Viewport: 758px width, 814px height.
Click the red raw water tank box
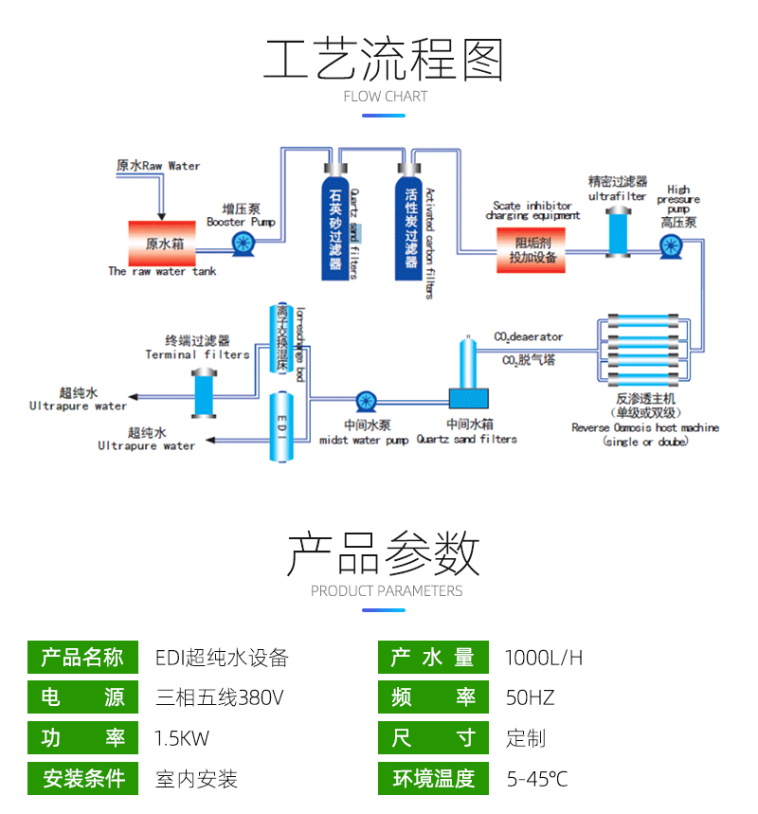[162, 244]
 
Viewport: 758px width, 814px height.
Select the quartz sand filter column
[334, 226]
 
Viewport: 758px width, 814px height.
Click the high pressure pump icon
[672, 247]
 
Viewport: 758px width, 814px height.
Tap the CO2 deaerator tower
[465, 365]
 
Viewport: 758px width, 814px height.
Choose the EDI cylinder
[281, 427]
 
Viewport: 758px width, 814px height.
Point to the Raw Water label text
[158, 166]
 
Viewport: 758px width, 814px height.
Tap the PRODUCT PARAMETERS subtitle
[387, 591]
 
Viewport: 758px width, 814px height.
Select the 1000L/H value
[544, 658]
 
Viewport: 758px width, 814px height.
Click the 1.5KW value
[182, 738]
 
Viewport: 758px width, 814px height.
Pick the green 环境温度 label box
[433, 779]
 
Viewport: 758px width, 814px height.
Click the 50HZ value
[530, 698]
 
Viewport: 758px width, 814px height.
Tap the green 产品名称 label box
[83, 658]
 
